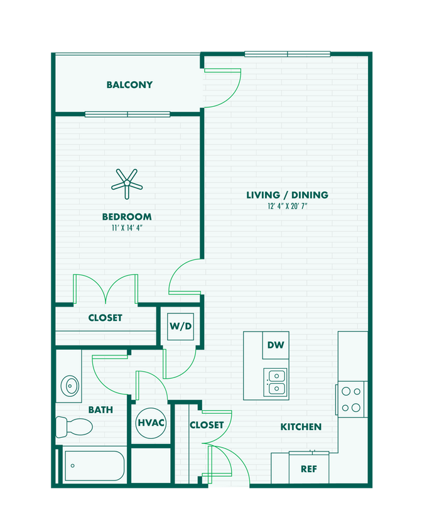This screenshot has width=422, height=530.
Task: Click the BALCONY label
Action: (x=129, y=85)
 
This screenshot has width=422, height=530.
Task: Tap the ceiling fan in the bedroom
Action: (x=127, y=183)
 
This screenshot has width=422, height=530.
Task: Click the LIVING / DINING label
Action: (x=287, y=195)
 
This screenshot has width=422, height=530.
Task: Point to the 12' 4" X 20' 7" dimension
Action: (x=287, y=206)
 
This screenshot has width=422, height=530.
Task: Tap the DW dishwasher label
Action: (x=275, y=345)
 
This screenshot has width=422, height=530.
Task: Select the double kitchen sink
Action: (x=276, y=382)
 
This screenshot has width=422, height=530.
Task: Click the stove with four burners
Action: (x=352, y=399)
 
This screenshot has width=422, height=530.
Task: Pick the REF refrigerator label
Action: (x=308, y=468)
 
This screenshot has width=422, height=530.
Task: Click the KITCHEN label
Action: (x=301, y=427)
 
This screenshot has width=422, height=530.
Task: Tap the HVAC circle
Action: (x=151, y=423)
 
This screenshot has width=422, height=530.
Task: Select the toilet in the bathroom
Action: (x=73, y=427)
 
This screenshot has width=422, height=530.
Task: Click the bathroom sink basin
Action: (x=69, y=384)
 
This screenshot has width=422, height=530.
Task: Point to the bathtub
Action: (x=94, y=466)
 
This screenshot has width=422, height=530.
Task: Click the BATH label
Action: (x=100, y=410)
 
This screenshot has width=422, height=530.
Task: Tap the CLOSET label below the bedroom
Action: (x=105, y=318)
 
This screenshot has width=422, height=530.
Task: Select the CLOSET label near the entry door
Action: (x=207, y=425)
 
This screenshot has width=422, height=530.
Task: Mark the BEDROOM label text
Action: (x=127, y=217)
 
